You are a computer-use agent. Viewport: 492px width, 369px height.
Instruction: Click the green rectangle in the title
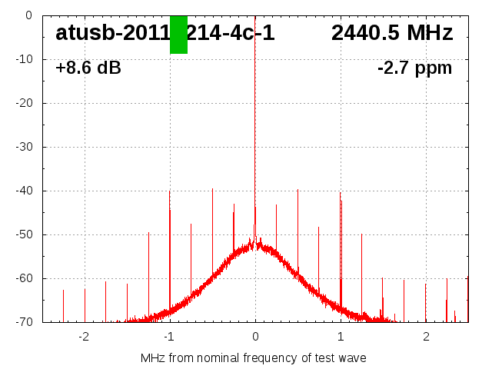tap(178, 35)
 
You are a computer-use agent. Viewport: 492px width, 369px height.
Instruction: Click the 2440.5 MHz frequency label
tap(392, 33)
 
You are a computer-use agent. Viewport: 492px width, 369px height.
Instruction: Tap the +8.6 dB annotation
tap(88, 68)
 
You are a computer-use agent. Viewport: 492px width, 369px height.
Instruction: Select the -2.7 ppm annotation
tap(414, 68)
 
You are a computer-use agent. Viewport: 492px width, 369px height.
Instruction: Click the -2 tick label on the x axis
tap(84, 337)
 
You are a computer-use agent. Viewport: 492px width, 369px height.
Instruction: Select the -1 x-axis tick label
tap(169, 337)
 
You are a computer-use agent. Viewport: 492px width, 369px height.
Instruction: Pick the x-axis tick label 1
tap(341, 337)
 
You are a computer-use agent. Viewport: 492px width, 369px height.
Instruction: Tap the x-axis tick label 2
tap(426, 337)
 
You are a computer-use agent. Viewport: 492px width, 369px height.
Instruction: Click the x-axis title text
tap(254, 358)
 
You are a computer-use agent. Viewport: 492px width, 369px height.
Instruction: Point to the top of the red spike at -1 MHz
tap(170, 191)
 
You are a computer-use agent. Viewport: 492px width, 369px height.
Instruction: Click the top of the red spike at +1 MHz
tap(340, 193)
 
